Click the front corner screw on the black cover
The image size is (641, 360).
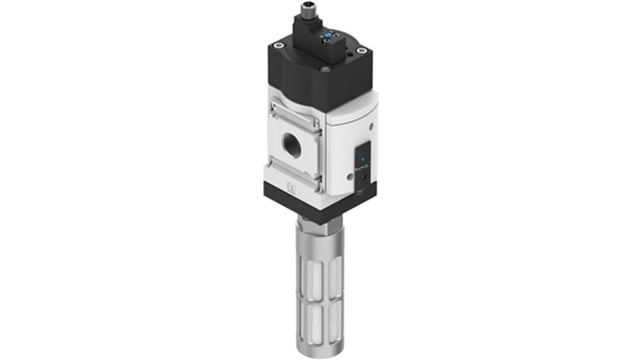point(324,69)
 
